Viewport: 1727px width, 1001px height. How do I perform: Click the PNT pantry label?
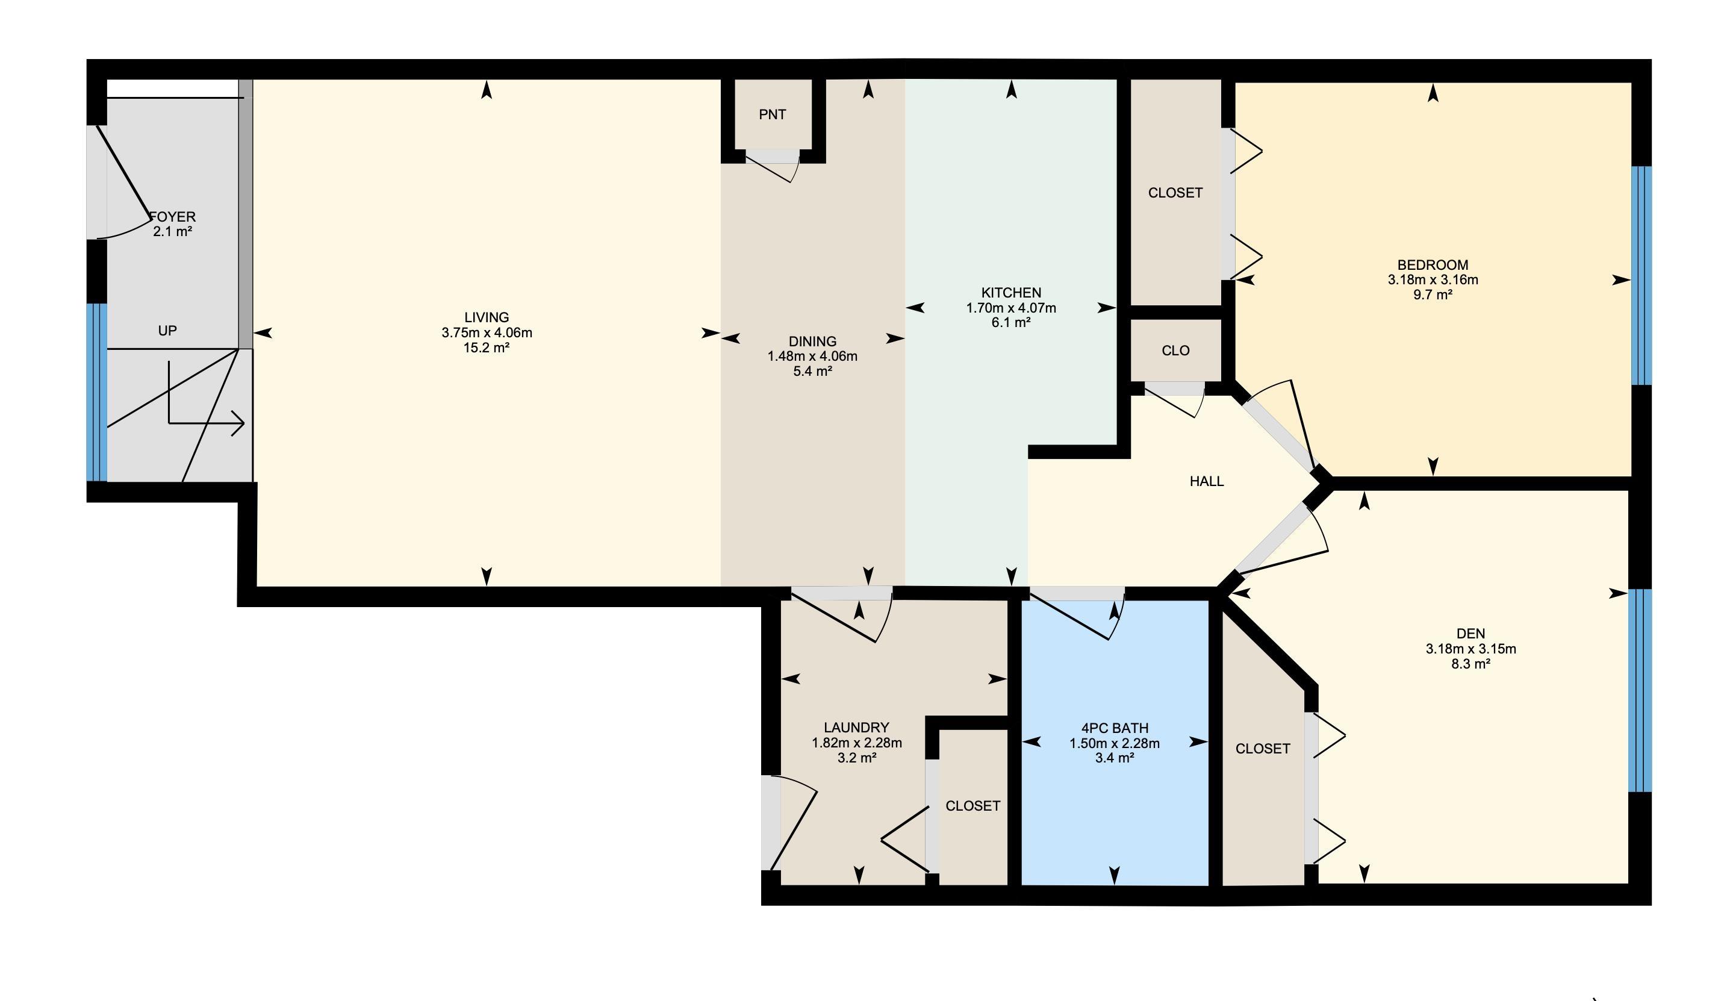(773, 114)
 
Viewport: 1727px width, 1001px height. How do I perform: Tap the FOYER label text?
(173, 217)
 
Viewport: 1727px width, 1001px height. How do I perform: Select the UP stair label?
(168, 331)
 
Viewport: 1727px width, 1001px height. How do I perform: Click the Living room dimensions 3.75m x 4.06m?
(487, 332)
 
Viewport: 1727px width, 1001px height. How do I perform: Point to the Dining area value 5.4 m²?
(813, 372)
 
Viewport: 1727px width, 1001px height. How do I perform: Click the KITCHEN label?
(1011, 293)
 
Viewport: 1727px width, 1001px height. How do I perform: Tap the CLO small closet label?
(1175, 351)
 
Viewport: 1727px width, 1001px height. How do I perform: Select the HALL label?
(1207, 481)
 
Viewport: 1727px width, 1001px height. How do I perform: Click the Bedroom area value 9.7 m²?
(1433, 295)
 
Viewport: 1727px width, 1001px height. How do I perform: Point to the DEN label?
(1470, 634)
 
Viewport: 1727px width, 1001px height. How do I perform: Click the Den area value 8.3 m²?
(1470, 664)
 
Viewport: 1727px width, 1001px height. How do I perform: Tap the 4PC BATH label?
(1115, 728)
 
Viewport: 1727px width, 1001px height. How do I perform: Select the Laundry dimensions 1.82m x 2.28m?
(857, 743)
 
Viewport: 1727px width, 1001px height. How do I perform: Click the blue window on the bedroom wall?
(1641, 276)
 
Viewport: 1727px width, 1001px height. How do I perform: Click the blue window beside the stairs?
(96, 392)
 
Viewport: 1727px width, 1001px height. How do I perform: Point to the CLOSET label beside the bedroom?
(1175, 193)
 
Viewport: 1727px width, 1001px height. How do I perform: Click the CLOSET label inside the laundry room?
(972, 806)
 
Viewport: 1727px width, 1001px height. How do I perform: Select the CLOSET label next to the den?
(1263, 749)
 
